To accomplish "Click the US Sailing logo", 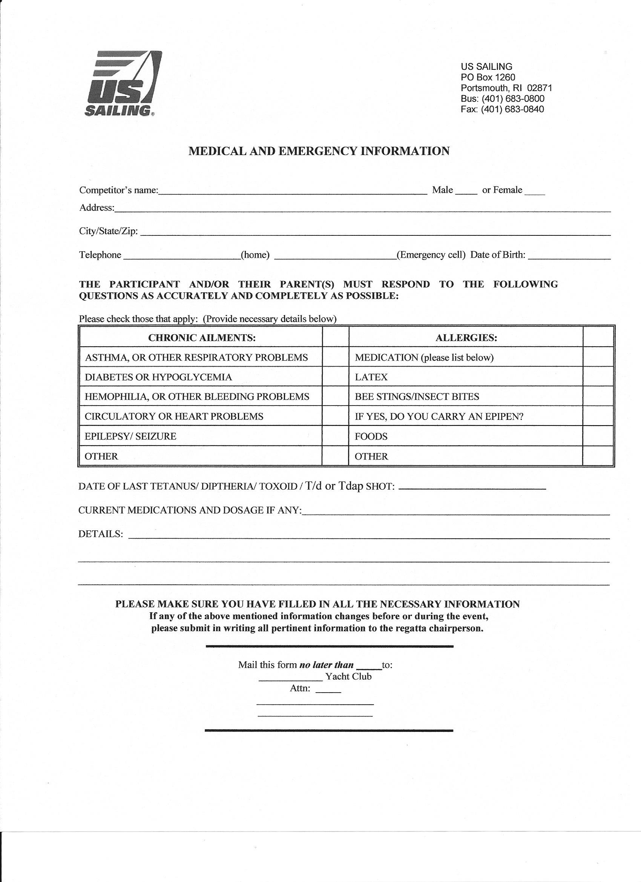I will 122,83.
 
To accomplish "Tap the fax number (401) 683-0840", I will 512,109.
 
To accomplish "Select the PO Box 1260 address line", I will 488,77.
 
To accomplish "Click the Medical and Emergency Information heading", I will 319,151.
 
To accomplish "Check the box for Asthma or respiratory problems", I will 335,357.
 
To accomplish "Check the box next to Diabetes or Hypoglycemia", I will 335,376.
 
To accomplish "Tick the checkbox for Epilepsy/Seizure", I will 335,436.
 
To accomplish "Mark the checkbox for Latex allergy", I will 598,376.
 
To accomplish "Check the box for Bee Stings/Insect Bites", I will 598,396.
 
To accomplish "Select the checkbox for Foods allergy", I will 598,436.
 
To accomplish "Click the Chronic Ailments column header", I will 202,338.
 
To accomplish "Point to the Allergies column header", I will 466,338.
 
